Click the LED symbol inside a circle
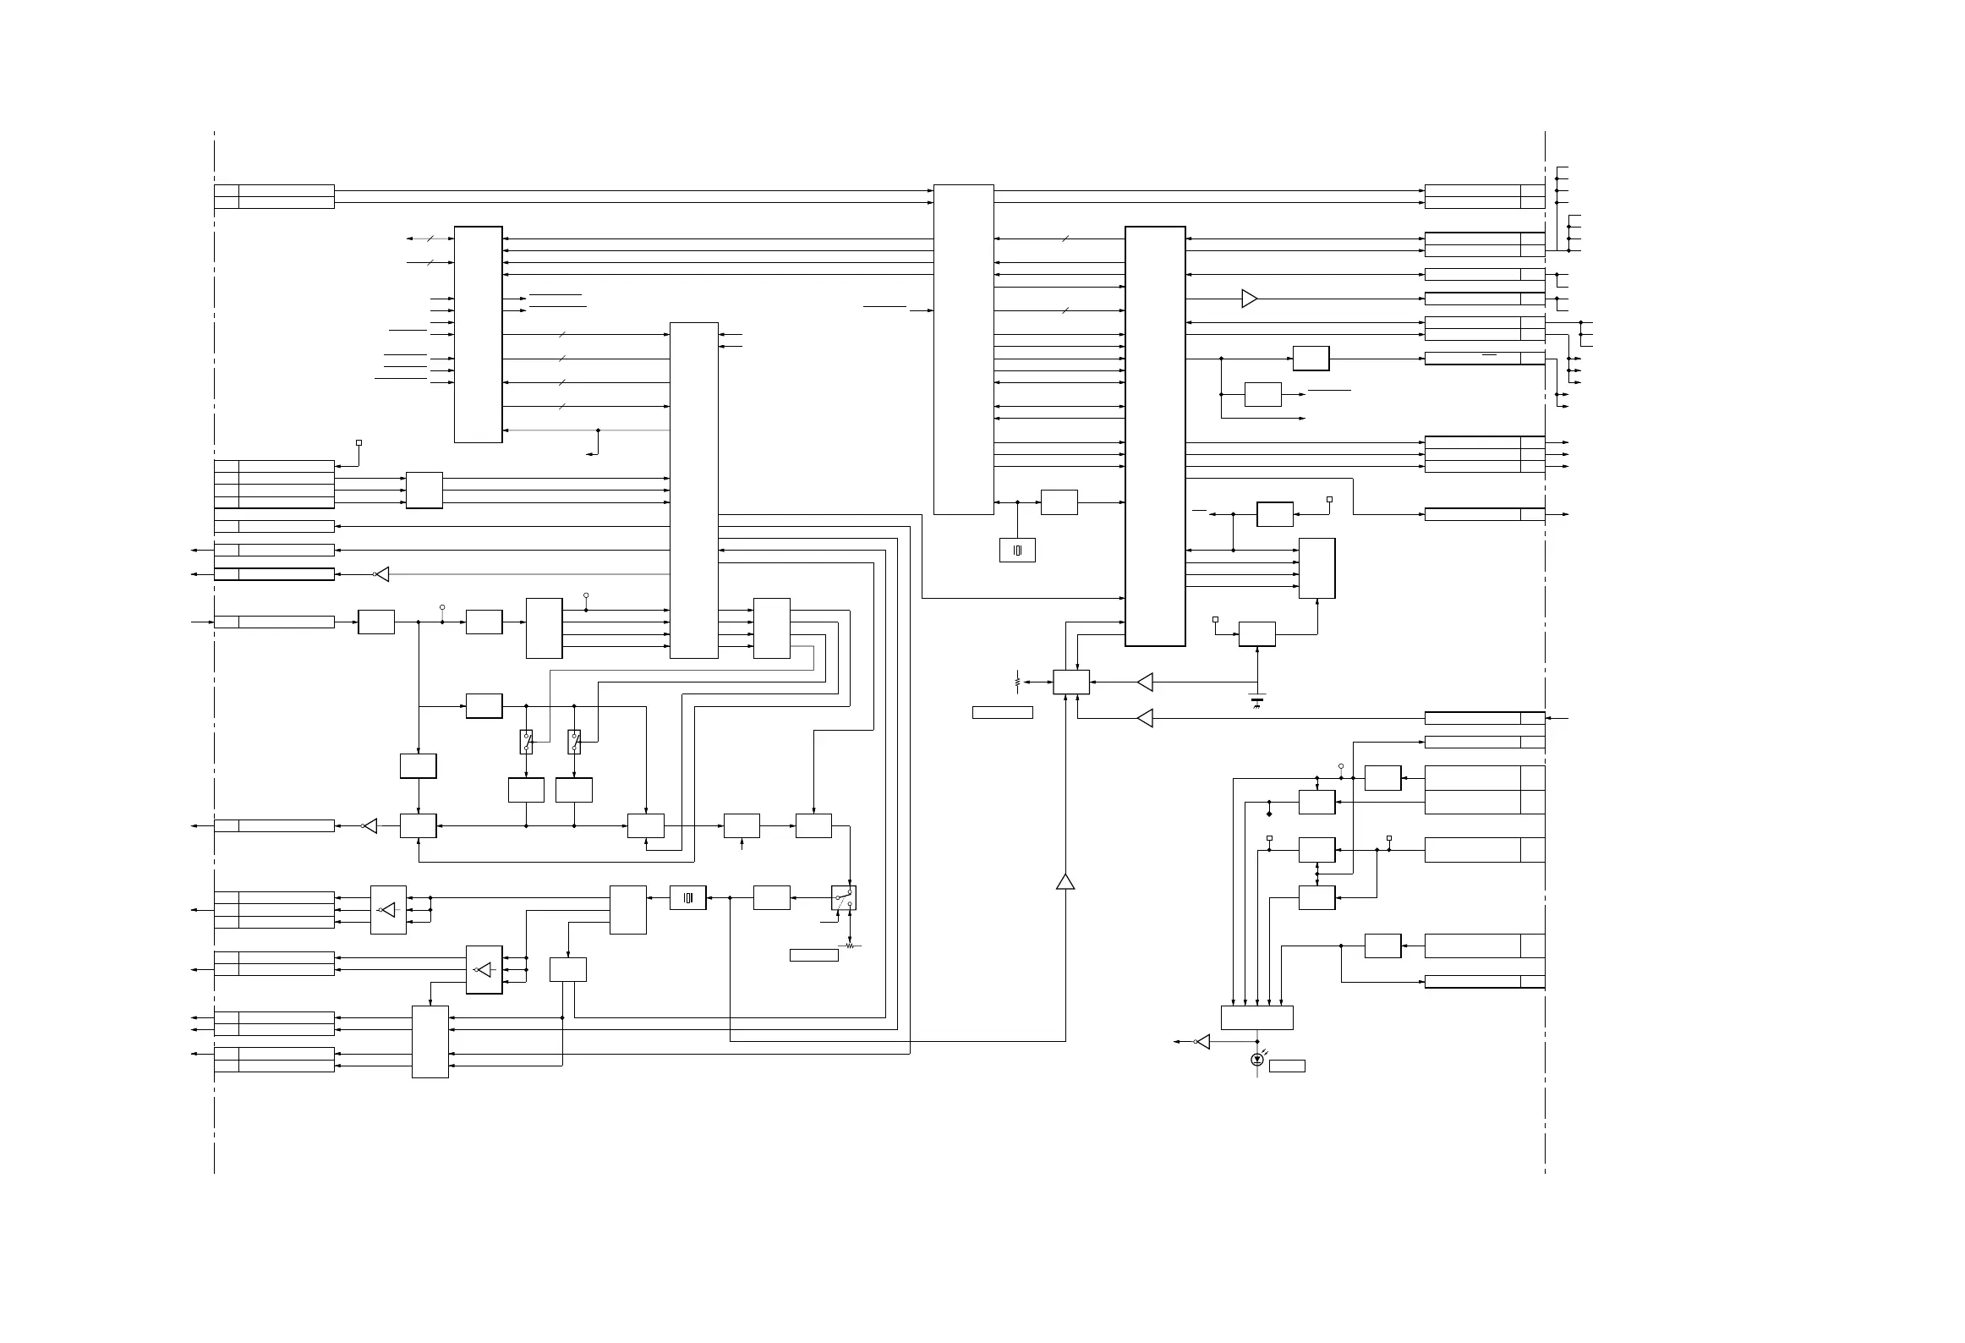[x=1257, y=1059]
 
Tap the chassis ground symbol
[x=1257, y=700]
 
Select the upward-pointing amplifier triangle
[x=1065, y=881]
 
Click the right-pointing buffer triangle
[x=1249, y=299]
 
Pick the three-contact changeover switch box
[x=844, y=898]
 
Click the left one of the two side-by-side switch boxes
[x=526, y=742]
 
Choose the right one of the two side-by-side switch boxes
[x=574, y=742]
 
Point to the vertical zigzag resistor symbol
[x=1017, y=681]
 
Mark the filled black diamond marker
[x=1269, y=814]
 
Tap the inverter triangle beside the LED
[x=1202, y=1042]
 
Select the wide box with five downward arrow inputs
[x=1257, y=1017]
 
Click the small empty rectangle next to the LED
[x=1287, y=1066]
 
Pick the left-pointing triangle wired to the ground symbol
[x=1145, y=682]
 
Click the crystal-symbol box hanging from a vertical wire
[x=1017, y=550]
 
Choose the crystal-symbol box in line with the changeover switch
[x=687, y=898]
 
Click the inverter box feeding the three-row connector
[x=388, y=910]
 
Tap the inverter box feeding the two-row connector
[x=484, y=970]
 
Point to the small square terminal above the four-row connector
[x=359, y=442]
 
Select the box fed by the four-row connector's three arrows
[x=424, y=491]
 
